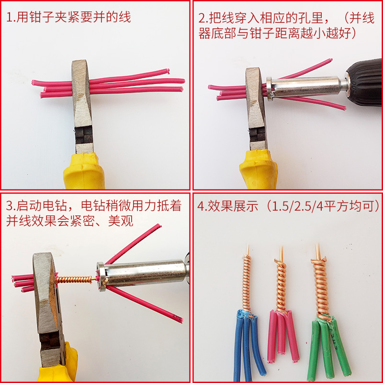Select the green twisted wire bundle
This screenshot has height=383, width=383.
pos(327,347)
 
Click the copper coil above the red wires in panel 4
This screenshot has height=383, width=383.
pos(281,286)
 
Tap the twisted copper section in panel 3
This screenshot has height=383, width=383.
pos(75,280)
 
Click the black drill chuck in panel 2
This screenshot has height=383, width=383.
pos(364,82)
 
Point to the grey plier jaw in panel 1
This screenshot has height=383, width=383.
pos(82,93)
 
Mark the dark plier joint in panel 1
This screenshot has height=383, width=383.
pos(84,135)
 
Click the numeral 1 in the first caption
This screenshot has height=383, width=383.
pos(9,18)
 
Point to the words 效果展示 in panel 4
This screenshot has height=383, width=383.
pos(234,206)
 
